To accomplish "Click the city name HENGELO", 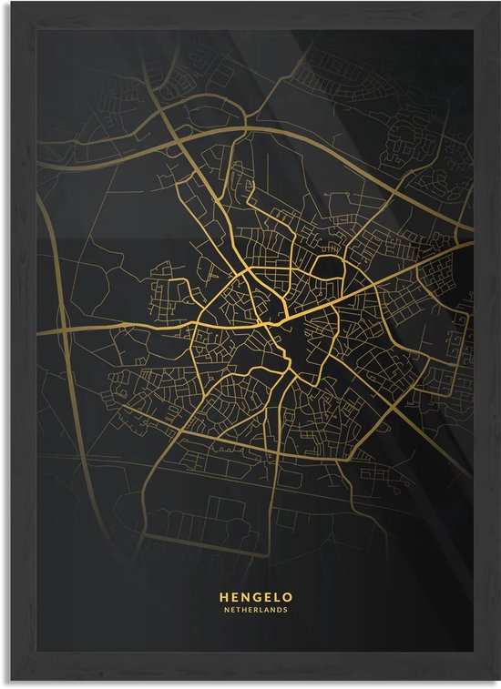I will click(250, 597).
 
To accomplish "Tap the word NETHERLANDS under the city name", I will click(250, 609).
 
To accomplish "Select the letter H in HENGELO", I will click(223, 597).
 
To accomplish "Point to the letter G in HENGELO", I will click(250, 597).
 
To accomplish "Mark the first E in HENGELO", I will click(232, 597).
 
